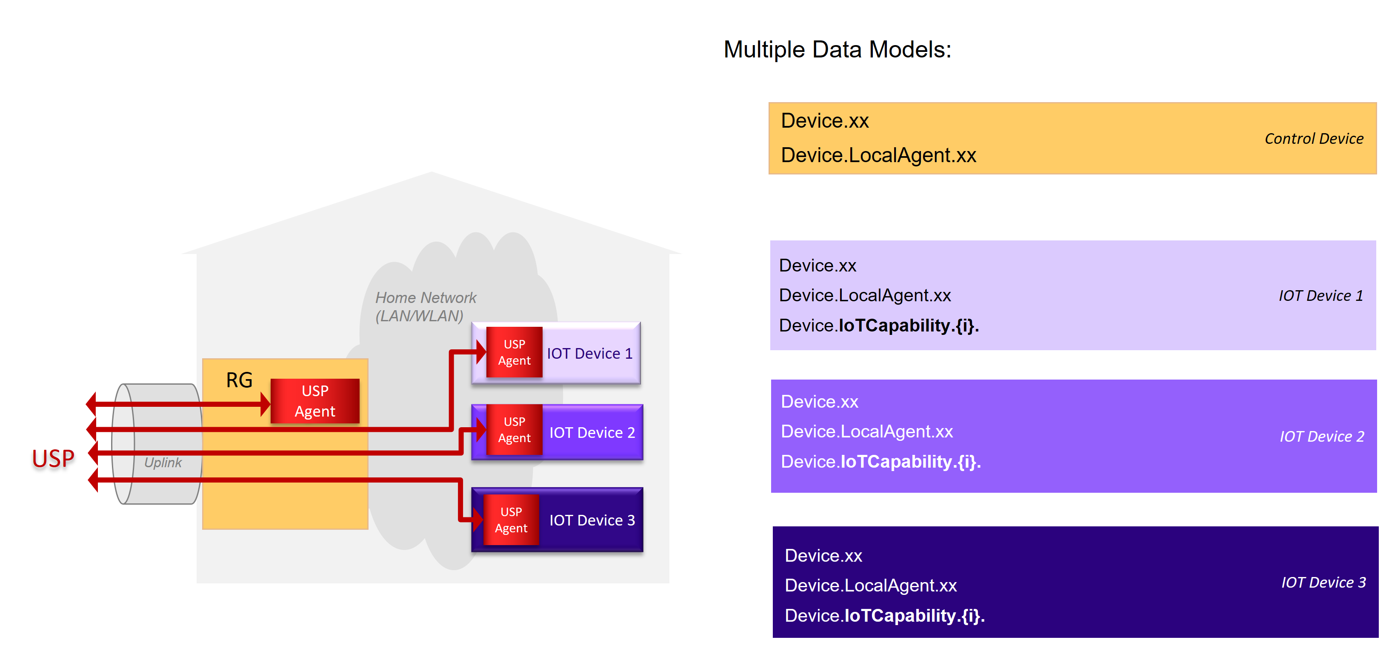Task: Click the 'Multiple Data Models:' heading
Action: click(x=837, y=50)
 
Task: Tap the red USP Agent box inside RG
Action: click(x=314, y=401)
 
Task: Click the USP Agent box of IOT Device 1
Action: click(x=514, y=352)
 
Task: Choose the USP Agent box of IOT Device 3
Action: click(x=511, y=520)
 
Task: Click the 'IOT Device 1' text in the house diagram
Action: click(x=589, y=353)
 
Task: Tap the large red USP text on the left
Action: click(x=53, y=459)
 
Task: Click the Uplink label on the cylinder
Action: click(x=163, y=463)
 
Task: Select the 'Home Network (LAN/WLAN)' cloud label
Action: click(x=425, y=306)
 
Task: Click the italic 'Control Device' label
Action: click(x=1313, y=139)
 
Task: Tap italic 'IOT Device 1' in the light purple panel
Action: click(x=1320, y=296)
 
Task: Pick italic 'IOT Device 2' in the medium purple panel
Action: click(x=1321, y=436)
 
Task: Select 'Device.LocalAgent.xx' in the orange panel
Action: click(x=878, y=155)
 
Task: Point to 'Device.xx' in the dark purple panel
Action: click(x=823, y=555)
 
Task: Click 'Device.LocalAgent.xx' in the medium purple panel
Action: click(x=867, y=431)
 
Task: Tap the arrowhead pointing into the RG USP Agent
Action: click(x=265, y=404)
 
